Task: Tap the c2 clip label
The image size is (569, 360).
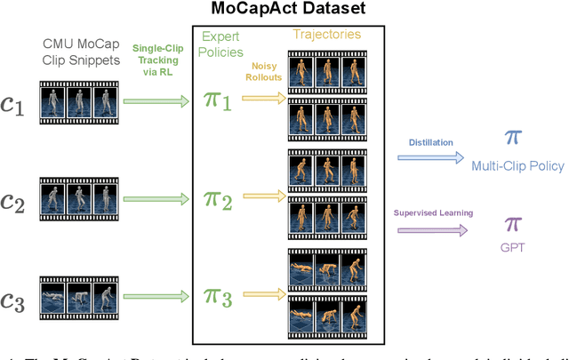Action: pos(13,201)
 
